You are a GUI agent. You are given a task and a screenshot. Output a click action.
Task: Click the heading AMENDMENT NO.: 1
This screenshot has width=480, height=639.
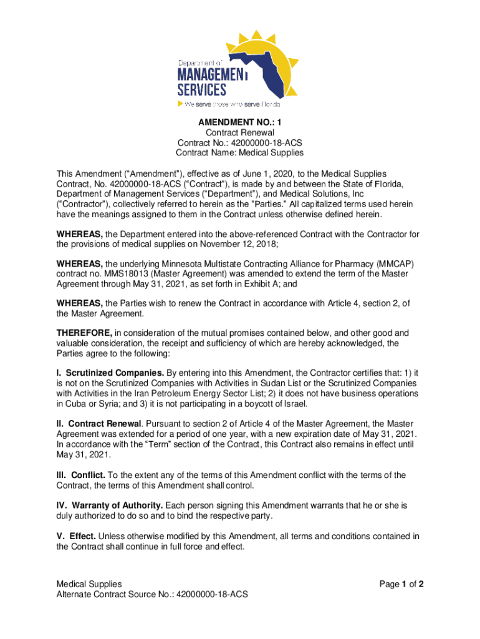239,123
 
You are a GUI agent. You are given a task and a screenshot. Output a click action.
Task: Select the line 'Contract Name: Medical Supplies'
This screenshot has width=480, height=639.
239,152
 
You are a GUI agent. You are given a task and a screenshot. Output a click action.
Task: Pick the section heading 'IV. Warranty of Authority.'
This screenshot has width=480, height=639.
110,505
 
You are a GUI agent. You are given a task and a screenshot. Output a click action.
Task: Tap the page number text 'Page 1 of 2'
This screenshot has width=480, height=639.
401,585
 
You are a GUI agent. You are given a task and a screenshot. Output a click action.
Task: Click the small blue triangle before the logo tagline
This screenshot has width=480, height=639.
181,104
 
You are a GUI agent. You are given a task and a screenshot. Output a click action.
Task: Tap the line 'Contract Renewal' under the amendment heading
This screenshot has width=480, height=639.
239,133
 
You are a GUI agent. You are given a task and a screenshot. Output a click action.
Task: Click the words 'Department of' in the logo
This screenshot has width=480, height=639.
200,63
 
